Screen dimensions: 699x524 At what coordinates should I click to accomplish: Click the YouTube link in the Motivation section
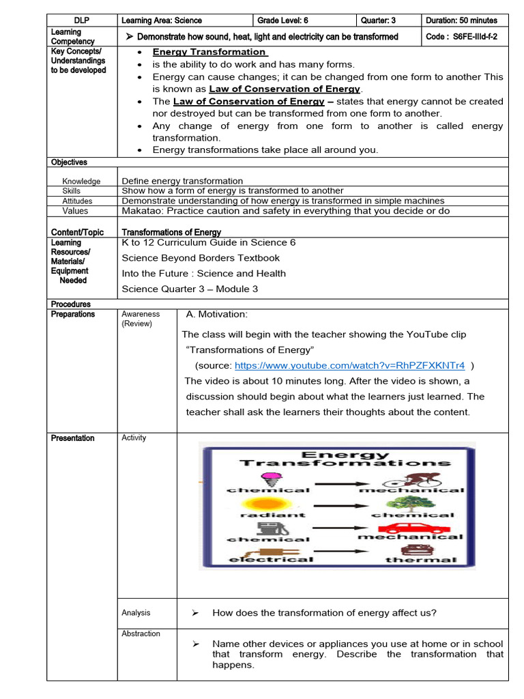pyautogui.click(x=349, y=365)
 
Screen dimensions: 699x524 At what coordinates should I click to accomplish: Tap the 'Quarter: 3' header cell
pyautogui.click(x=381, y=20)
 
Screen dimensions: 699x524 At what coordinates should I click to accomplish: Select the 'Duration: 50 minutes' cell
pyautogui.click(x=461, y=20)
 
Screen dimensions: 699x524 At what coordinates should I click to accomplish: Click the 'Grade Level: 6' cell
pyautogui.click(x=287, y=20)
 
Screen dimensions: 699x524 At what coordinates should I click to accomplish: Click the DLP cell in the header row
pyautogui.click(x=82, y=20)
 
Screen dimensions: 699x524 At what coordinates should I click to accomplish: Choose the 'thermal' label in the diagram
pyautogui.click(x=411, y=560)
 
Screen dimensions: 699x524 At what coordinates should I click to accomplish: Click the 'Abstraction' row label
pyautogui.click(x=141, y=633)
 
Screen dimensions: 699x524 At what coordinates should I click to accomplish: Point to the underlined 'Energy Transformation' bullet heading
pyautogui.click(x=209, y=52)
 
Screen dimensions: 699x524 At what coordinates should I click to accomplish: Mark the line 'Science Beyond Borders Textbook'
pyautogui.click(x=201, y=258)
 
